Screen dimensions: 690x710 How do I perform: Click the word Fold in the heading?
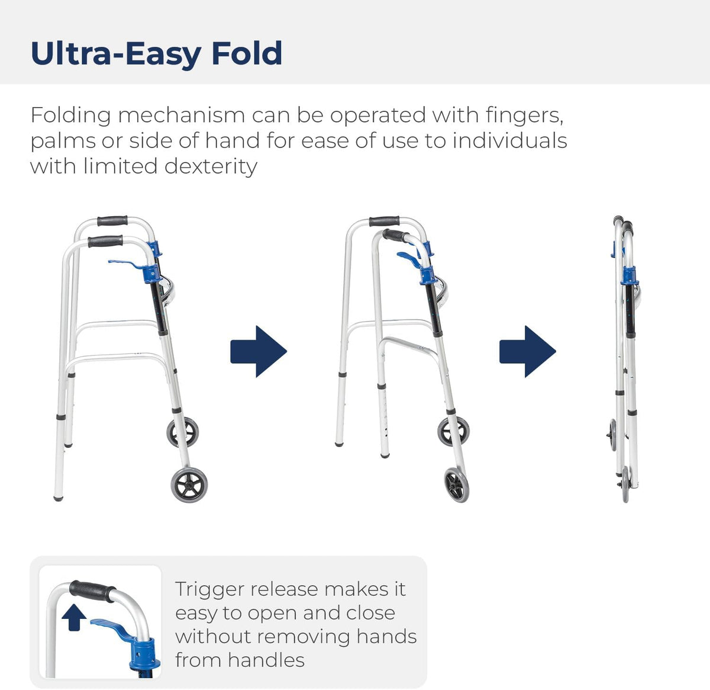[246, 53]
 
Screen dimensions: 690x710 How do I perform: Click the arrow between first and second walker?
[259, 351]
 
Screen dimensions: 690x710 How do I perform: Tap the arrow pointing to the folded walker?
[527, 351]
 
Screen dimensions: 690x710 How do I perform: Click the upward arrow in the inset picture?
[74, 617]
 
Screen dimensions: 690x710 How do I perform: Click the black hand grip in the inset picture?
[92, 590]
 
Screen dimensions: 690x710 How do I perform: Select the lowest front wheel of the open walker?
[189, 485]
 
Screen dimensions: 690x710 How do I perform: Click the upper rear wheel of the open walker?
[182, 432]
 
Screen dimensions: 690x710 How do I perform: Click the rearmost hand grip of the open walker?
[112, 221]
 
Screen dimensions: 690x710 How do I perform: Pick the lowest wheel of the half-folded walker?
[457, 484]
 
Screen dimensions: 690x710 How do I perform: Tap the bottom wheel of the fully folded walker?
[625, 484]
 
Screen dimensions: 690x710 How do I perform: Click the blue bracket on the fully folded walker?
[629, 275]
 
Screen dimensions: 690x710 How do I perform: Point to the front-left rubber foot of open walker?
[58, 497]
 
